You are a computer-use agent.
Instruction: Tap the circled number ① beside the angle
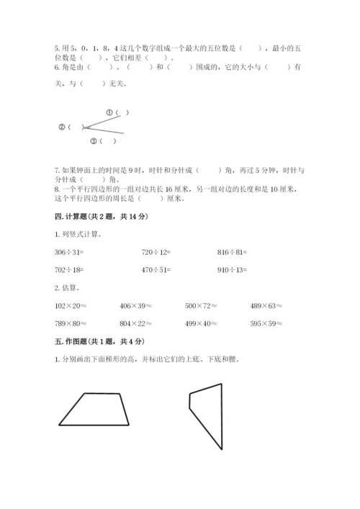[110, 112]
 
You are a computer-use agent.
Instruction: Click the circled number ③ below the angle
[93, 140]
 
